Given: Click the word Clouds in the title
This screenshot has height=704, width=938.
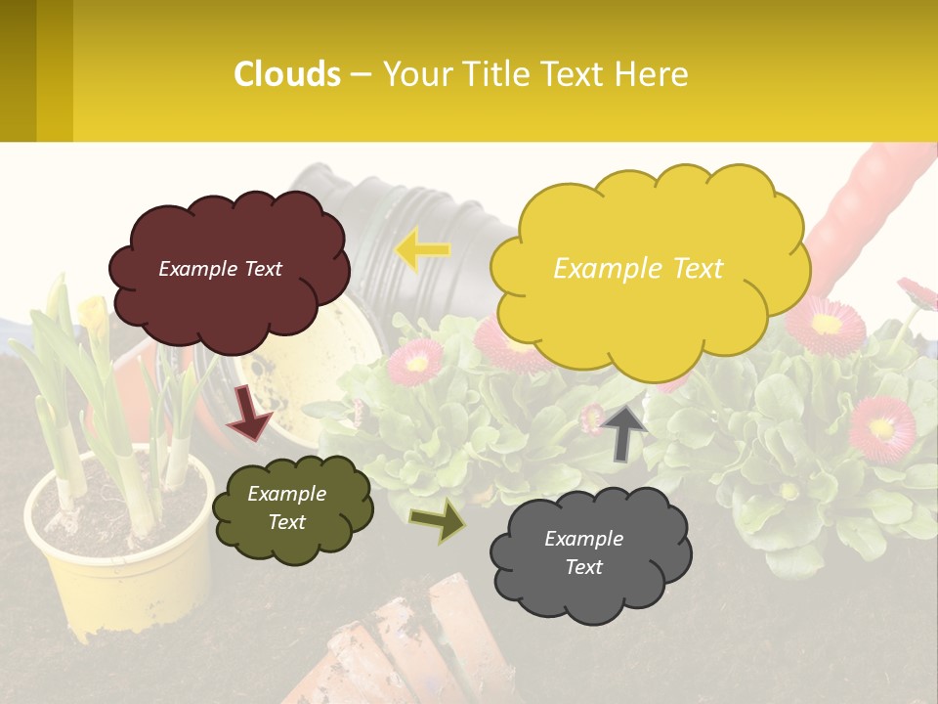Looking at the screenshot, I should pos(287,74).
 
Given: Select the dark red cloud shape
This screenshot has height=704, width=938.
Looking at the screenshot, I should pos(229,268).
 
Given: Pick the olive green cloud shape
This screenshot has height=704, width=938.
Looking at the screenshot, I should pos(292,508).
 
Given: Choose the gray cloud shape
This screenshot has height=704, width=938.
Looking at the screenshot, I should pos(590,553).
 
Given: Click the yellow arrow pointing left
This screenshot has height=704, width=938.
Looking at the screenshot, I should pos(422,250).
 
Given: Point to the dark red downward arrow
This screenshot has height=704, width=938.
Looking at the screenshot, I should pos(249,413).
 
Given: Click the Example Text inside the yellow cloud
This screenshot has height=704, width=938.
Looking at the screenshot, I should pos(638,269).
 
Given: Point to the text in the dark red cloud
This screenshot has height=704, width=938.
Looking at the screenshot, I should pos(221,269).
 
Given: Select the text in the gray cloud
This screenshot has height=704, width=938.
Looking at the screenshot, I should pos(584,552).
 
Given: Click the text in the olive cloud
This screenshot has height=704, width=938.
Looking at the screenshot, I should pos(287,507).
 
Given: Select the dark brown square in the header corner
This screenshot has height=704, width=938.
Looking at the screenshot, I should pos(18,70).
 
